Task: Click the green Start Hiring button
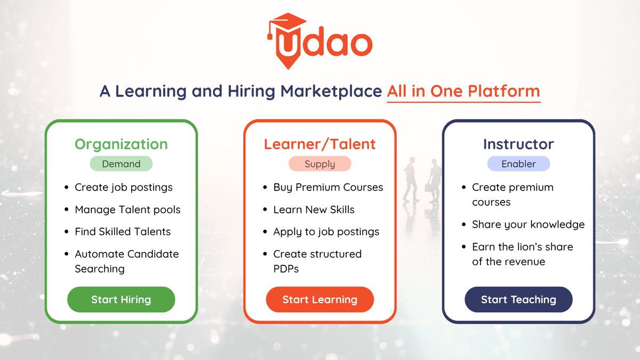[x=121, y=300]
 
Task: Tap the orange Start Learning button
[x=319, y=300]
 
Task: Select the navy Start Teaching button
[x=518, y=300]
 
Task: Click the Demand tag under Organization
[x=121, y=164]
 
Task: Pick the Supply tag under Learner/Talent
[x=319, y=164]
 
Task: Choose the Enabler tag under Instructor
[x=518, y=164]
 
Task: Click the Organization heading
[x=121, y=144]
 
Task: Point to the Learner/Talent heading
[x=319, y=144]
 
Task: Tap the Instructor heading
[x=518, y=144]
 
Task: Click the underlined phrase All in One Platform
[x=463, y=91]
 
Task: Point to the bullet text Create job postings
[x=124, y=187]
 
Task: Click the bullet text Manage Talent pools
[x=127, y=210]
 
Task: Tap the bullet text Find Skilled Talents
[x=123, y=231]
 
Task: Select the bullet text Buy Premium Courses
[x=328, y=187]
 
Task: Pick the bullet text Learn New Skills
[x=314, y=210]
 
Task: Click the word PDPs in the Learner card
[x=286, y=269]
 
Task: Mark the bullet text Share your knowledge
[x=528, y=225]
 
